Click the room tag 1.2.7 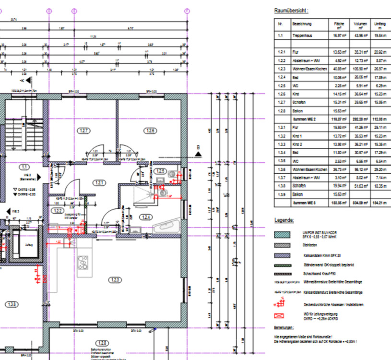pos(84,130)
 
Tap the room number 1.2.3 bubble pos(115,279)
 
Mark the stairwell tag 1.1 pos(24,167)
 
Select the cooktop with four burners pos(83,262)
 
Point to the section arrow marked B pos(198,153)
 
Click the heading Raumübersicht pos(291,10)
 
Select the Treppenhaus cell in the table pos(304,35)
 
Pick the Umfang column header pos(379,24)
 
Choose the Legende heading pos(284,220)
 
